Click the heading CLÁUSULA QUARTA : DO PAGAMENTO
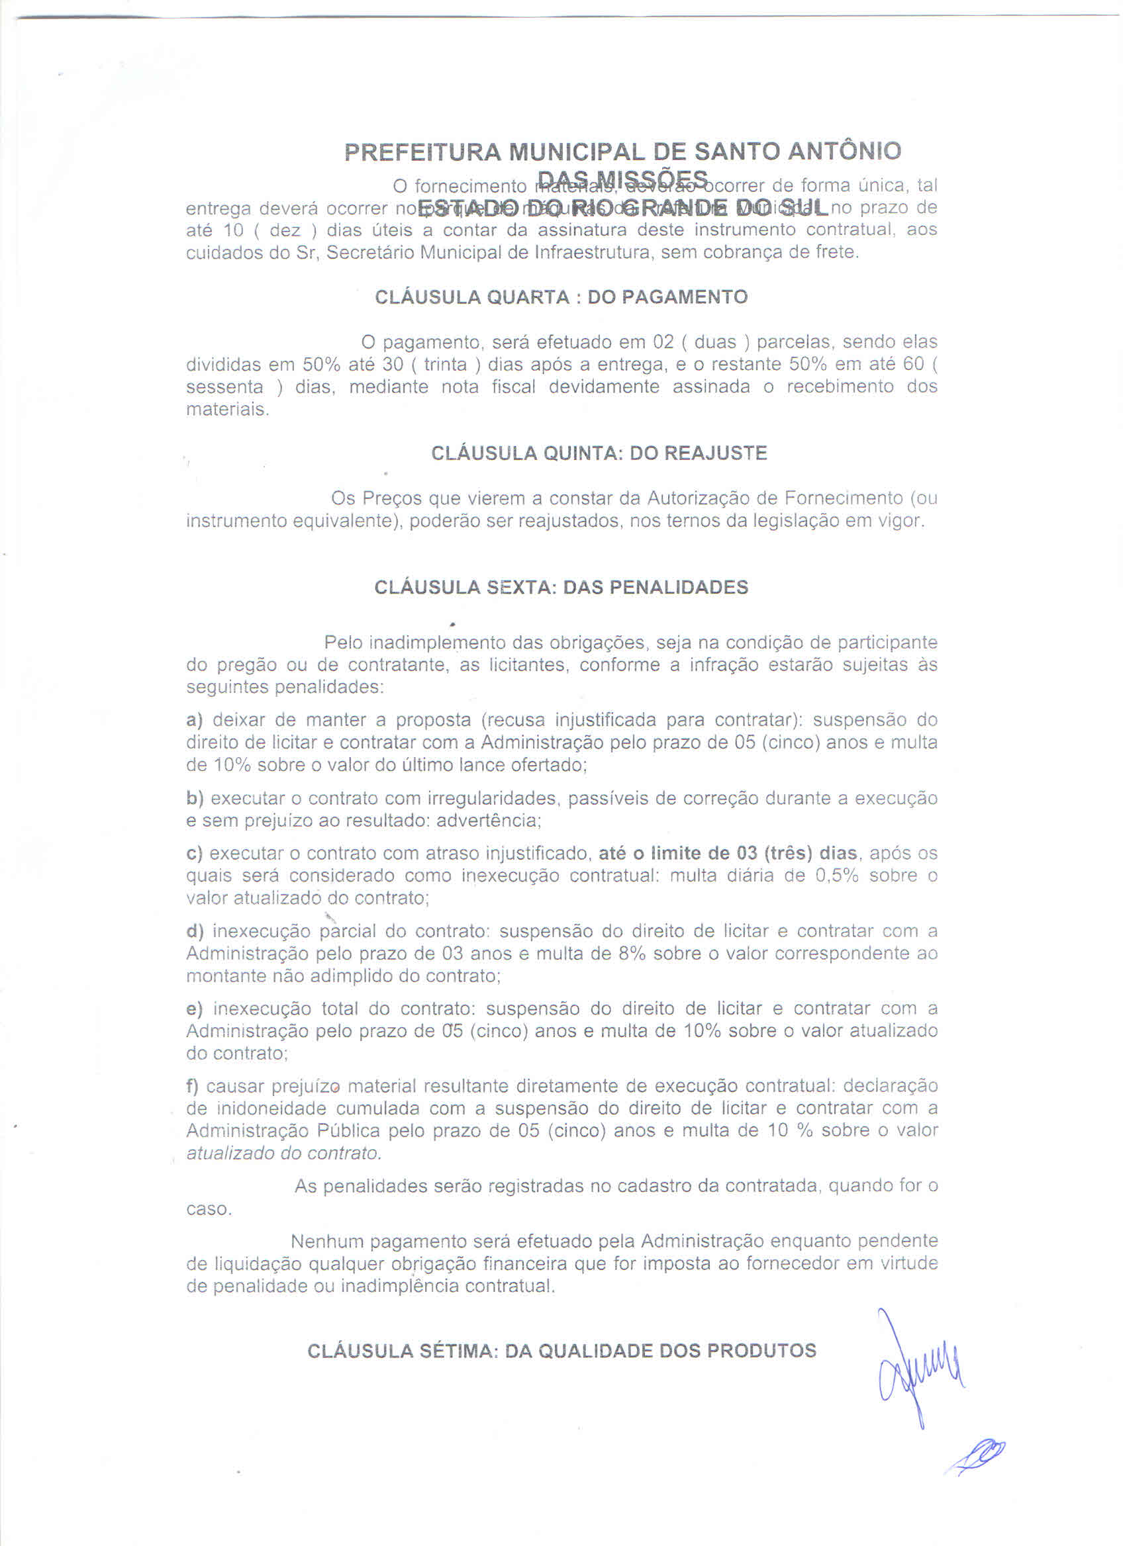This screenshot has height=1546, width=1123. (x=560, y=297)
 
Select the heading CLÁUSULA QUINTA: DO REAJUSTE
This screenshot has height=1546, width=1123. (x=599, y=453)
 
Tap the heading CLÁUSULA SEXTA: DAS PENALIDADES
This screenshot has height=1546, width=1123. (x=560, y=588)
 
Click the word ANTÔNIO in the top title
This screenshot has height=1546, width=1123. (x=844, y=151)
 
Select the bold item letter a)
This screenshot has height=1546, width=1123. (x=194, y=720)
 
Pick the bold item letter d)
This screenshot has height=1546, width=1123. (x=195, y=931)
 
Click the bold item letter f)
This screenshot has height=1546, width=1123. (x=192, y=1086)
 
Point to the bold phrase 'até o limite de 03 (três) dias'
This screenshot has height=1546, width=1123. (x=728, y=854)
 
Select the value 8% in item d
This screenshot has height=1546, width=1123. (x=632, y=954)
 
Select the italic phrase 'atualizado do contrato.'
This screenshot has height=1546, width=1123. (x=283, y=1154)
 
